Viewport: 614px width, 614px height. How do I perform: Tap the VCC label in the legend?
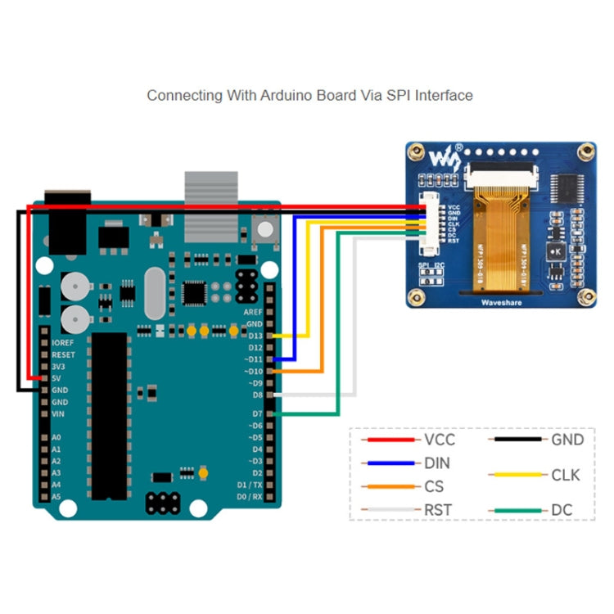coord(440,440)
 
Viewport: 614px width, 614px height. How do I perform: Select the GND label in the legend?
coord(567,440)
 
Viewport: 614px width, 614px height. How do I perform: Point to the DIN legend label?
coord(437,463)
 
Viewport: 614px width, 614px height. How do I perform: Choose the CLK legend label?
coord(566,474)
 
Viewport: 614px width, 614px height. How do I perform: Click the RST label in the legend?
coord(438,510)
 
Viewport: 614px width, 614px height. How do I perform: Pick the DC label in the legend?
coord(562,510)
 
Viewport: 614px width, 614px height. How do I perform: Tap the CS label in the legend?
coord(434,486)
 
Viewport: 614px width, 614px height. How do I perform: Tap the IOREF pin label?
coord(63,342)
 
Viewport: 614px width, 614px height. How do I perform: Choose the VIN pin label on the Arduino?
coord(57,414)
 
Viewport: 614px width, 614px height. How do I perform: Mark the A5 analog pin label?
coord(56,497)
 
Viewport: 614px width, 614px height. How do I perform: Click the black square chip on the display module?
coord(566,188)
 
